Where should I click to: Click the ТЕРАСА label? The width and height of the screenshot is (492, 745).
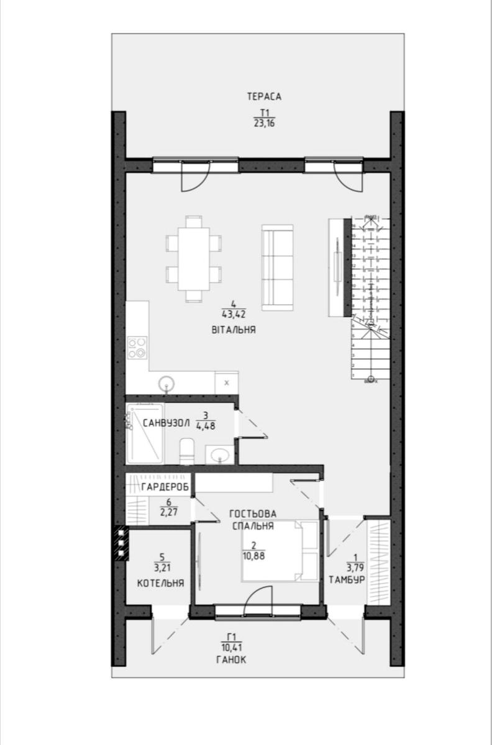264,96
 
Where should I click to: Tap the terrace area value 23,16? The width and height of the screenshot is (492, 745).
264,123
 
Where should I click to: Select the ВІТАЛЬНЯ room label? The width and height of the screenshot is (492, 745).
233,330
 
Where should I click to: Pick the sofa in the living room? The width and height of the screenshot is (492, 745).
278,267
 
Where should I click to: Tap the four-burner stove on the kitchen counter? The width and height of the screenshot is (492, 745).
137,347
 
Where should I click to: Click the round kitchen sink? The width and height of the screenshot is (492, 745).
166,383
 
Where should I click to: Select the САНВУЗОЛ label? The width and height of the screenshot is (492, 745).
166,423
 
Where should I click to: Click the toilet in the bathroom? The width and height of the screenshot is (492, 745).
186,451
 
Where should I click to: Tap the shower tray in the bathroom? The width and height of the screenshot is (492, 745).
145,433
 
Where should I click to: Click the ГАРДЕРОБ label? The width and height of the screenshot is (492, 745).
165,486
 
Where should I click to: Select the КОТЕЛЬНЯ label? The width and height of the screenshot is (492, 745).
160,584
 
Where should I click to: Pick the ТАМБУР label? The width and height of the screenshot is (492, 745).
346,579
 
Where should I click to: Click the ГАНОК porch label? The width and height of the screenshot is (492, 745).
231,660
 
